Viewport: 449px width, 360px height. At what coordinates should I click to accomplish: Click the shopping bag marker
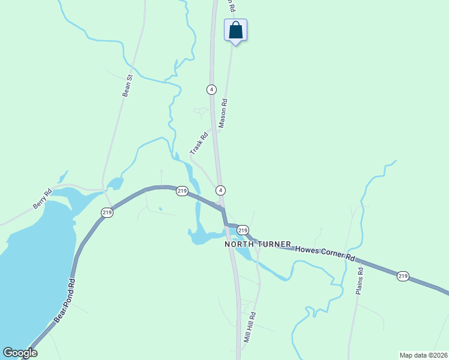236,30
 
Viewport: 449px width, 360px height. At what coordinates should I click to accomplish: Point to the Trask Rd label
199,143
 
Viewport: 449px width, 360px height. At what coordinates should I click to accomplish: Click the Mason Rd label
223,113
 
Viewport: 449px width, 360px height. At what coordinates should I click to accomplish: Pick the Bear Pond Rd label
64,301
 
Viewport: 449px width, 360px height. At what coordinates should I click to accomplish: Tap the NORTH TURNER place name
258,245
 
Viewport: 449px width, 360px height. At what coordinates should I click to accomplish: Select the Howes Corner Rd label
325,252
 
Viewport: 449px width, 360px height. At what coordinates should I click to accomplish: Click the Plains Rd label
360,280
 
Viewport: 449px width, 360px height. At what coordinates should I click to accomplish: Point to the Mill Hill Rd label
250,327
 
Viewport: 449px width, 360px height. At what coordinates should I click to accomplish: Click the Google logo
20,352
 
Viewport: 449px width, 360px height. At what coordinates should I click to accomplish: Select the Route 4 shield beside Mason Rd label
211,89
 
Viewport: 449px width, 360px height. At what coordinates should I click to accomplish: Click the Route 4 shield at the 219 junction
221,190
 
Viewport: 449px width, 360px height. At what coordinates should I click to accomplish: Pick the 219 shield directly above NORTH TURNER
243,230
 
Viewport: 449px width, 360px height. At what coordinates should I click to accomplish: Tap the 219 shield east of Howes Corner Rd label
402,276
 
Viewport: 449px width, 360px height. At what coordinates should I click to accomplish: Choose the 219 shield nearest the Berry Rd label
107,212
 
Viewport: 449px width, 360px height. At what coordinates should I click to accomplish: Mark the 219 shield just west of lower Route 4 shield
182,191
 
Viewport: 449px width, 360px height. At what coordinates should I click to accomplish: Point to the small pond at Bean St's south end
114,183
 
